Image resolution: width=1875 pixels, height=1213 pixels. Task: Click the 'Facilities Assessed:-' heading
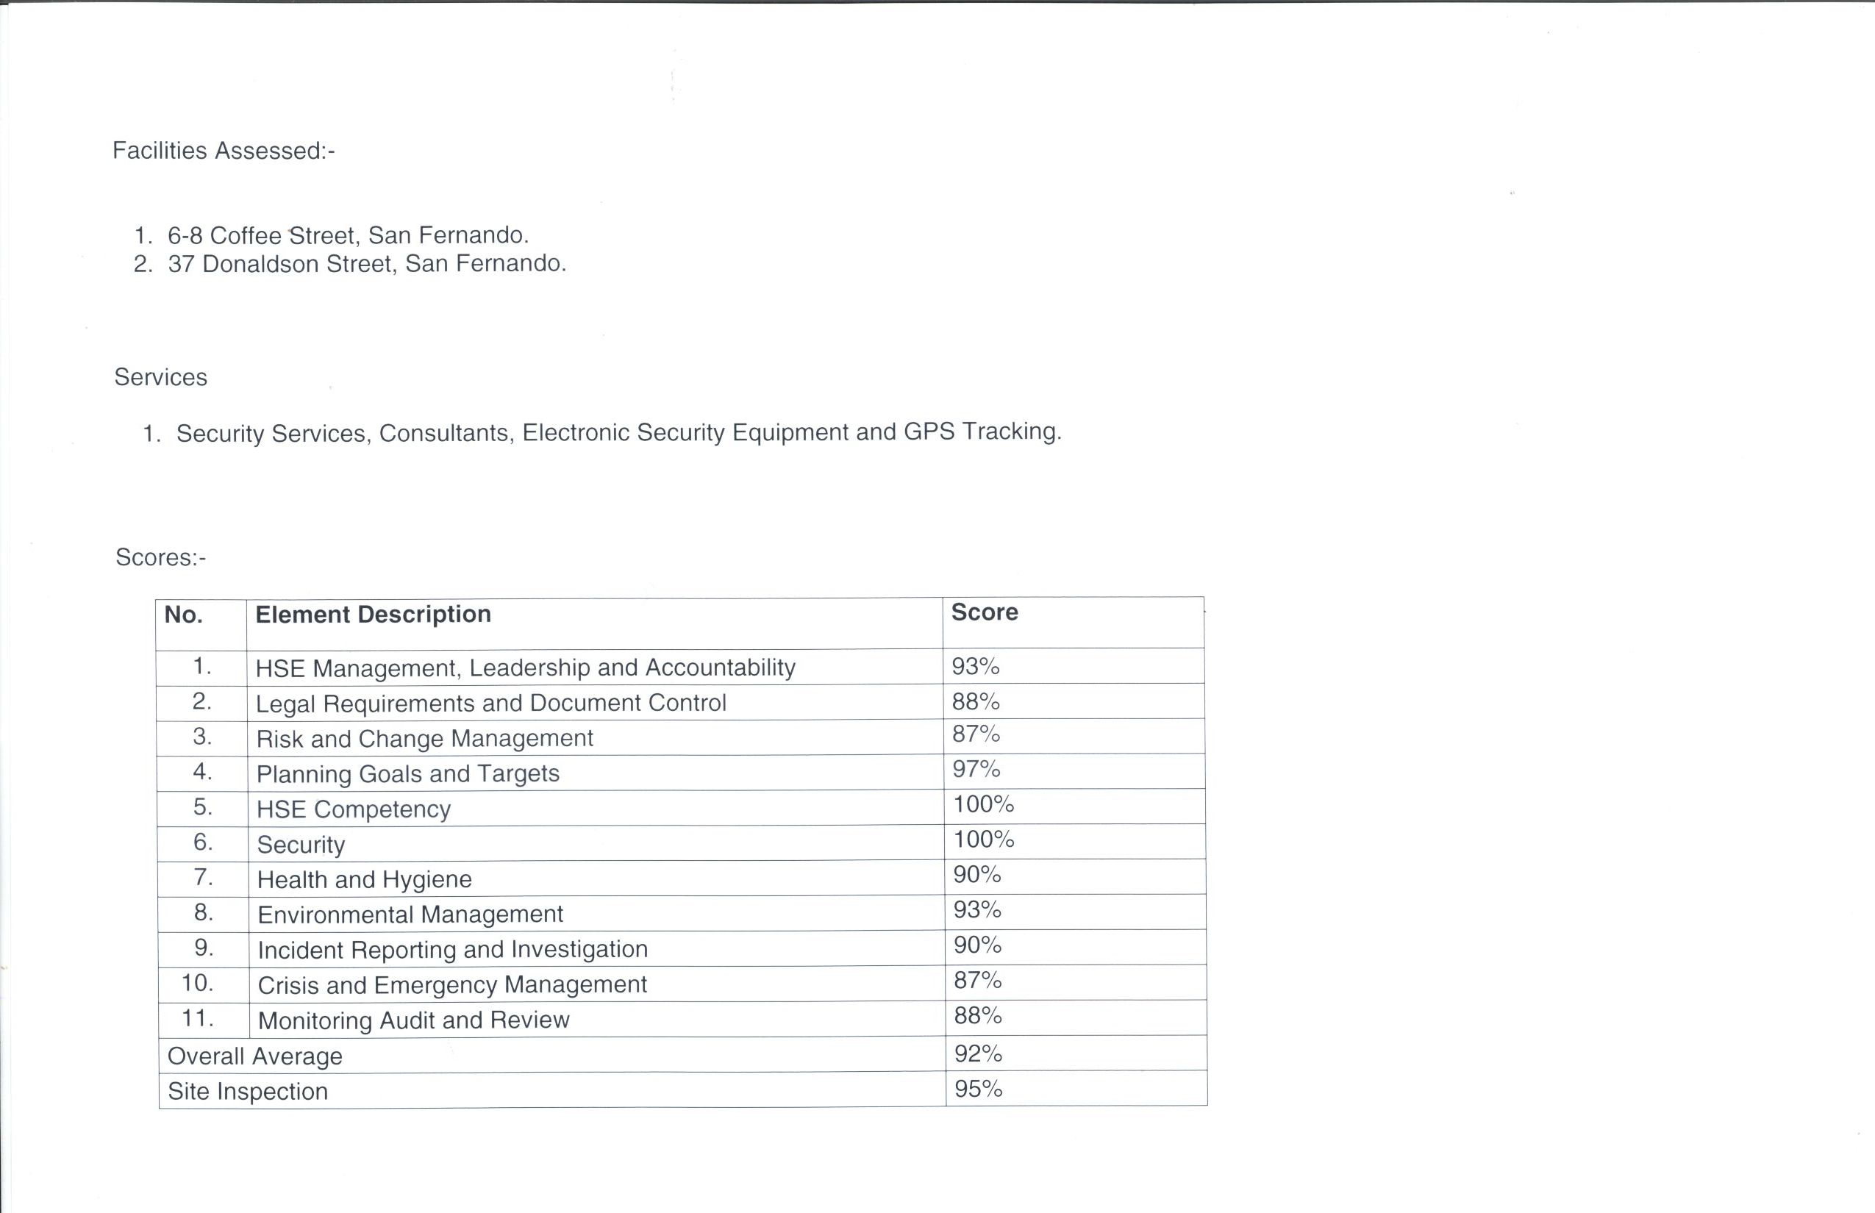click(224, 151)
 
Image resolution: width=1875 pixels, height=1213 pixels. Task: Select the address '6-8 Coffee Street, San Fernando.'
click(347, 235)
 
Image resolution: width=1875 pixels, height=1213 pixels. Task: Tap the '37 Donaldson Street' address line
click(366, 263)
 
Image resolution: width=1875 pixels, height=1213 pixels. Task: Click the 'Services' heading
click(161, 377)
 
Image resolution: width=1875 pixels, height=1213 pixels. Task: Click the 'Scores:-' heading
click(161, 557)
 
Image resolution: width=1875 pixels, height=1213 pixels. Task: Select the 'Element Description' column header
click(373, 615)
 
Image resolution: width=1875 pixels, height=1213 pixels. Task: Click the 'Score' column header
click(984, 612)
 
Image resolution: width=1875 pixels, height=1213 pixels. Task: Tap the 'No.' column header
click(184, 615)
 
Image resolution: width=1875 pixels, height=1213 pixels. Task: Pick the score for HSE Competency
click(983, 804)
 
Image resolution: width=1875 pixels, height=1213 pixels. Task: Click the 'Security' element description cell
click(301, 845)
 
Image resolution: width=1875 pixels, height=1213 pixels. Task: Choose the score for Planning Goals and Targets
click(976, 769)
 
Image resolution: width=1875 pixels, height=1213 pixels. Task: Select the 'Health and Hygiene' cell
click(364, 879)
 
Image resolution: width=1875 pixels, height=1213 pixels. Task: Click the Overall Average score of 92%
click(978, 1053)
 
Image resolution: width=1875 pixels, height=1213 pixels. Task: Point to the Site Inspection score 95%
click(979, 1089)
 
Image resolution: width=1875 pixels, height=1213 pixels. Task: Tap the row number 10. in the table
click(197, 983)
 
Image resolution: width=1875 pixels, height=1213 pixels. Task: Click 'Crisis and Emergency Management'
click(452, 984)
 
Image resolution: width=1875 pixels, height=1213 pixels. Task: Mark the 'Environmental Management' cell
click(410, 915)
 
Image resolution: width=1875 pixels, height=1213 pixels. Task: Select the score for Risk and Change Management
click(976, 734)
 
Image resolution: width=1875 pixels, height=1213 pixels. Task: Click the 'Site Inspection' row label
click(247, 1091)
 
